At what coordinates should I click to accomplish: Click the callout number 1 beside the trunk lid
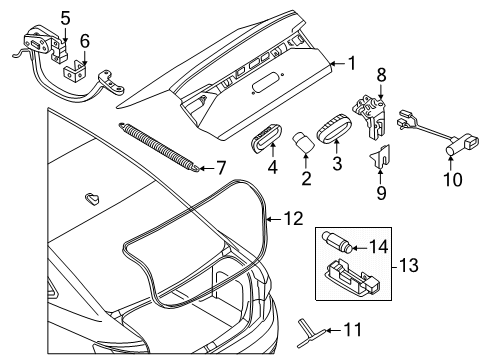pyautogui.click(x=352, y=63)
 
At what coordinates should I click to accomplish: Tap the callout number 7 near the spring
pyautogui.click(x=220, y=168)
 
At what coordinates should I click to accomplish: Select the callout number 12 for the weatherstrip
pyautogui.click(x=294, y=219)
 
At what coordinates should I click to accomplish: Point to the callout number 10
pyautogui.click(x=453, y=179)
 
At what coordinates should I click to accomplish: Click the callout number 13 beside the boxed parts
pyautogui.click(x=408, y=266)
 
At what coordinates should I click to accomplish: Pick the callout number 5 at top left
pyautogui.click(x=66, y=18)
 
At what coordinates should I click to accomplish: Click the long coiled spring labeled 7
pyautogui.click(x=159, y=147)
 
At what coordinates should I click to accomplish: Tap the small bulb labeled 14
pyautogui.click(x=336, y=243)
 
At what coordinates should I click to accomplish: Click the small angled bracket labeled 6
pyautogui.click(x=75, y=72)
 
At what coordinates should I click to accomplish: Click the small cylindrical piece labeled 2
pyautogui.click(x=304, y=142)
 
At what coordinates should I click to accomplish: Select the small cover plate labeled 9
pyautogui.click(x=380, y=156)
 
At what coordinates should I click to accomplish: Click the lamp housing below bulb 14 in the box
pyautogui.click(x=352, y=277)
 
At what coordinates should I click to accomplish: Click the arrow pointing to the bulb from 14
pyautogui.click(x=359, y=248)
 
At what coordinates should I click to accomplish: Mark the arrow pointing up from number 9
pyautogui.click(x=381, y=177)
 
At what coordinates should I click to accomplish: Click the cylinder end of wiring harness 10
pyautogui.click(x=452, y=149)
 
